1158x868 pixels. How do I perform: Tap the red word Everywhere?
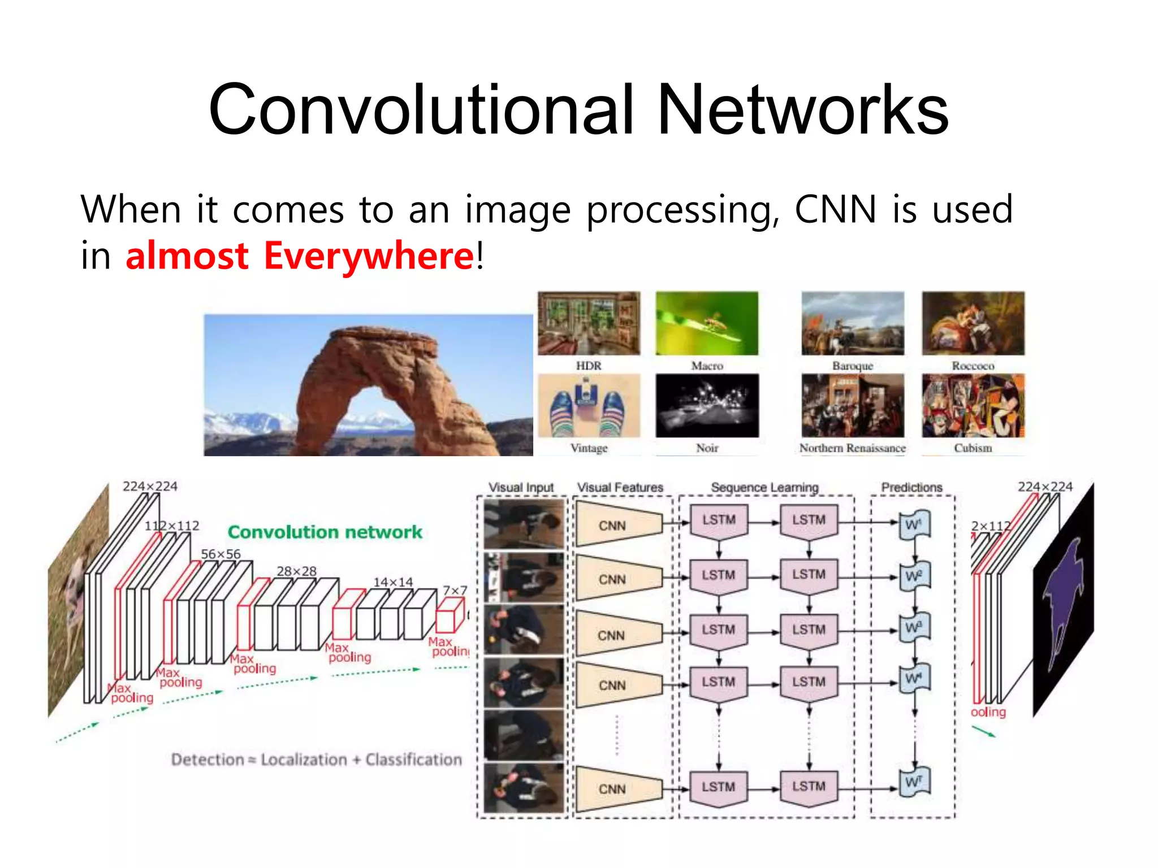(x=368, y=255)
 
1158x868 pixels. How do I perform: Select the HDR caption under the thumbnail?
(x=589, y=366)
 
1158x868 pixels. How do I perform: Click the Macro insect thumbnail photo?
(x=707, y=323)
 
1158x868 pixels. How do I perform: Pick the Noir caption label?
(x=707, y=448)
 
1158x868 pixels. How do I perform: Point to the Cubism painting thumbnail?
(x=973, y=405)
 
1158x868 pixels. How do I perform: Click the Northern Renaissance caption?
(x=852, y=448)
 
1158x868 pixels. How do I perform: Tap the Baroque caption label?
(x=852, y=366)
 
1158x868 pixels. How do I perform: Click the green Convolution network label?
(x=325, y=532)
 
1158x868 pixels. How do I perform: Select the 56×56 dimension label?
(x=221, y=554)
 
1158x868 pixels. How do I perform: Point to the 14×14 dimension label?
(x=393, y=582)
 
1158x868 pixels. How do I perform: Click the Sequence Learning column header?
(x=764, y=487)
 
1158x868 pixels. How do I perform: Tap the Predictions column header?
(x=911, y=487)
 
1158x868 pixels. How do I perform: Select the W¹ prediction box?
(x=914, y=525)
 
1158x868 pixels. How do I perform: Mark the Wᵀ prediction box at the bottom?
(x=914, y=783)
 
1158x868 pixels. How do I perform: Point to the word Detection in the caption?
(x=208, y=759)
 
